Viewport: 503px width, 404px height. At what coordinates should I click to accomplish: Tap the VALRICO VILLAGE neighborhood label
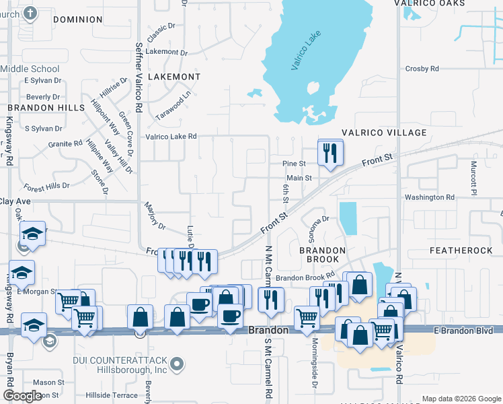(x=384, y=133)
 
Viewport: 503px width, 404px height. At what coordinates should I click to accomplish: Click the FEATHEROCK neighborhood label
(x=461, y=250)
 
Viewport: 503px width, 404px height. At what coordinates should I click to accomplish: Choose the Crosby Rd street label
(x=422, y=69)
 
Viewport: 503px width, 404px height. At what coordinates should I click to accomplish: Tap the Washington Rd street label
(x=429, y=197)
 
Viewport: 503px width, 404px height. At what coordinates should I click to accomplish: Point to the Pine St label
(x=294, y=164)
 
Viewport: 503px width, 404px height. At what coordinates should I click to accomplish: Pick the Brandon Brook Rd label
(x=305, y=277)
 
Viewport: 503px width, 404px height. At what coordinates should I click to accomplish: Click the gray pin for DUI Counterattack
(x=177, y=365)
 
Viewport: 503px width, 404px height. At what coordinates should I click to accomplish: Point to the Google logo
(x=22, y=396)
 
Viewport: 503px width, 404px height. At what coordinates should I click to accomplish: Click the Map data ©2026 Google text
(x=461, y=399)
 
